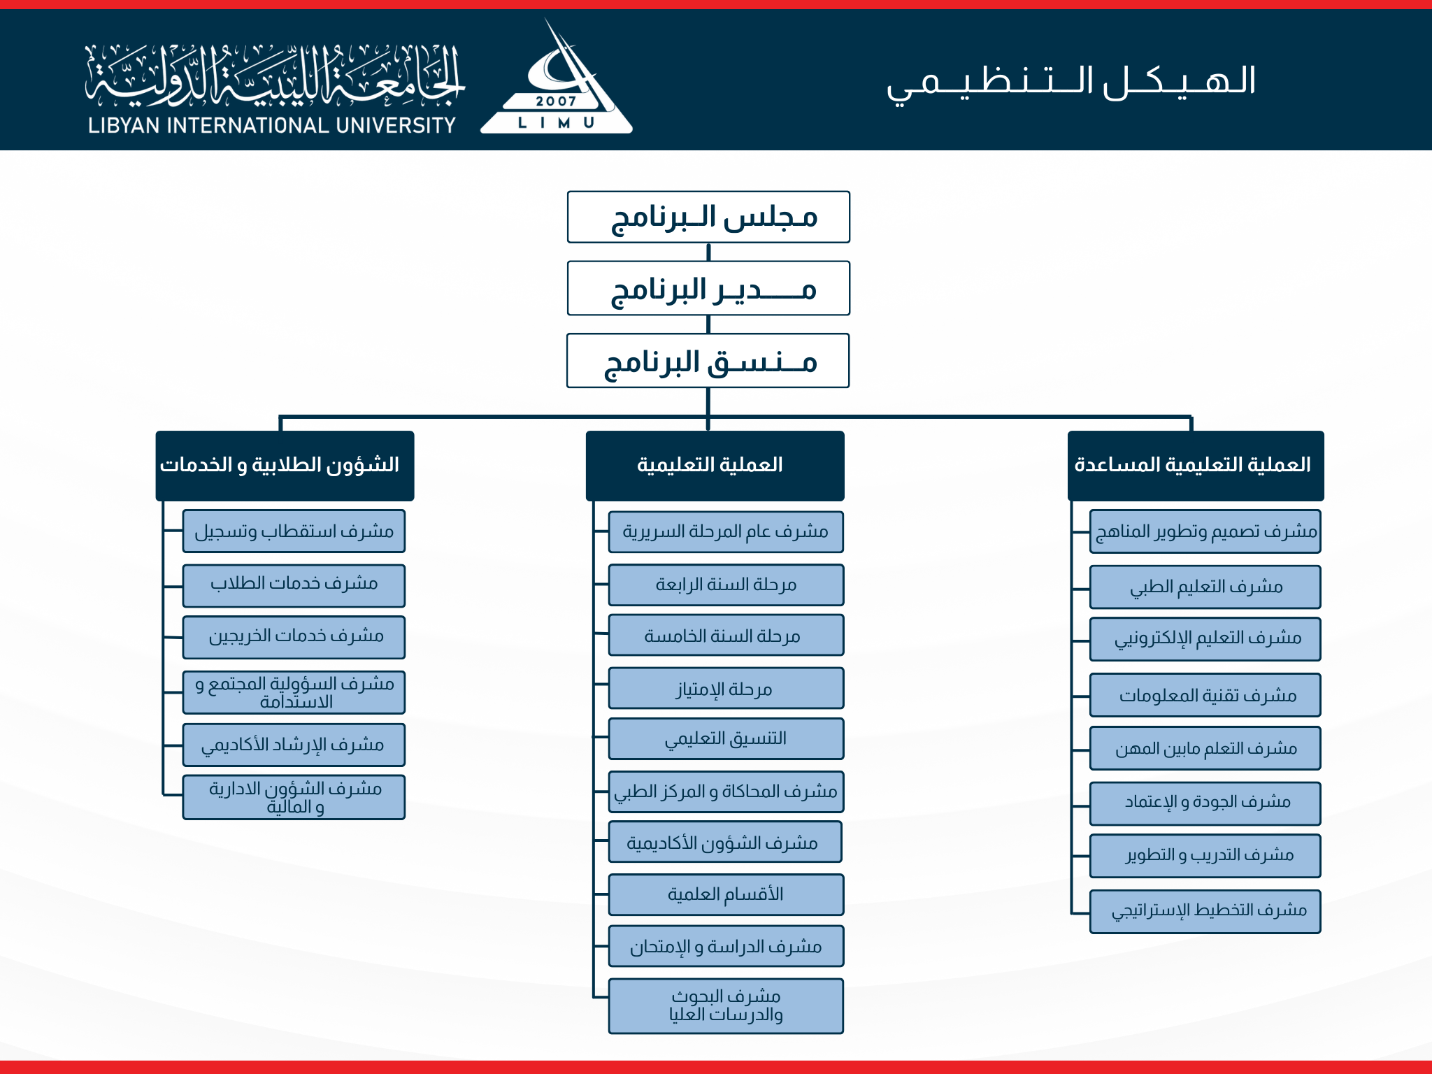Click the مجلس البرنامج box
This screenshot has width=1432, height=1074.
[708, 217]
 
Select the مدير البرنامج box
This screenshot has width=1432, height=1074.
[708, 289]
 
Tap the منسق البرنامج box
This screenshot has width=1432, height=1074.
[708, 361]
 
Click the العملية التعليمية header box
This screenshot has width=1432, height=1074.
[715, 465]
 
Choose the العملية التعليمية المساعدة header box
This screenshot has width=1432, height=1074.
[1196, 465]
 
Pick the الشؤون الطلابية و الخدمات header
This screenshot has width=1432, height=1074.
[285, 465]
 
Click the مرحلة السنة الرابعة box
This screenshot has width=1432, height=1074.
[726, 585]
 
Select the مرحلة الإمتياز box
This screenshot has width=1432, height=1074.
[726, 689]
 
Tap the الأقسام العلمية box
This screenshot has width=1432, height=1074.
[726, 894]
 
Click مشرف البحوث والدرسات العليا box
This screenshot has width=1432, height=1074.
[726, 1005]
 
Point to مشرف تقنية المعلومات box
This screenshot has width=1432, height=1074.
[1205, 695]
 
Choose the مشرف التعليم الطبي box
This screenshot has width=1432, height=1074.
[1205, 587]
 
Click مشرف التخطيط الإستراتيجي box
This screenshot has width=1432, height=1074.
[1205, 910]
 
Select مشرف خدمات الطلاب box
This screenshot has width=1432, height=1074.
[294, 585]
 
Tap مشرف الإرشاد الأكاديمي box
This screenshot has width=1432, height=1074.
[294, 745]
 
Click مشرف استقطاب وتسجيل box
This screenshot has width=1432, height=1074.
[294, 531]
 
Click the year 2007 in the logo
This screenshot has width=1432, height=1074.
[556, 101]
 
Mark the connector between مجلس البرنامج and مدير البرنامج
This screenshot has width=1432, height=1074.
[708, 252]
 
